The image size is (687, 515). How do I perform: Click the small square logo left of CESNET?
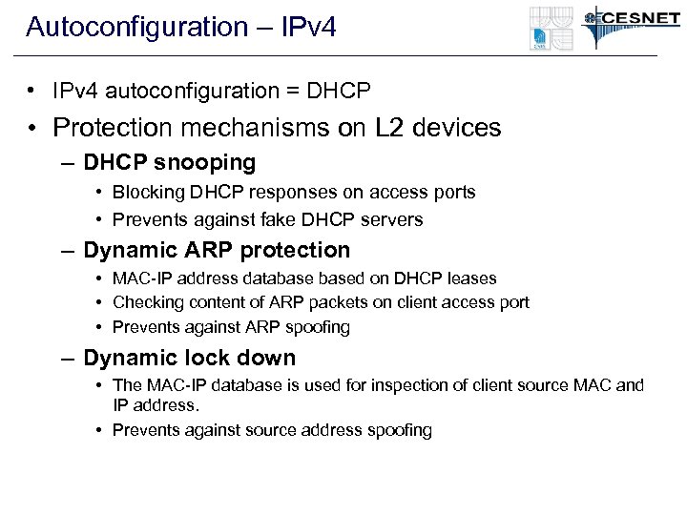coord(551,29)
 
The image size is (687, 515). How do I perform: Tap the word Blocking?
coord(147,193)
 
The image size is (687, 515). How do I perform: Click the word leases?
coord(470,278)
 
